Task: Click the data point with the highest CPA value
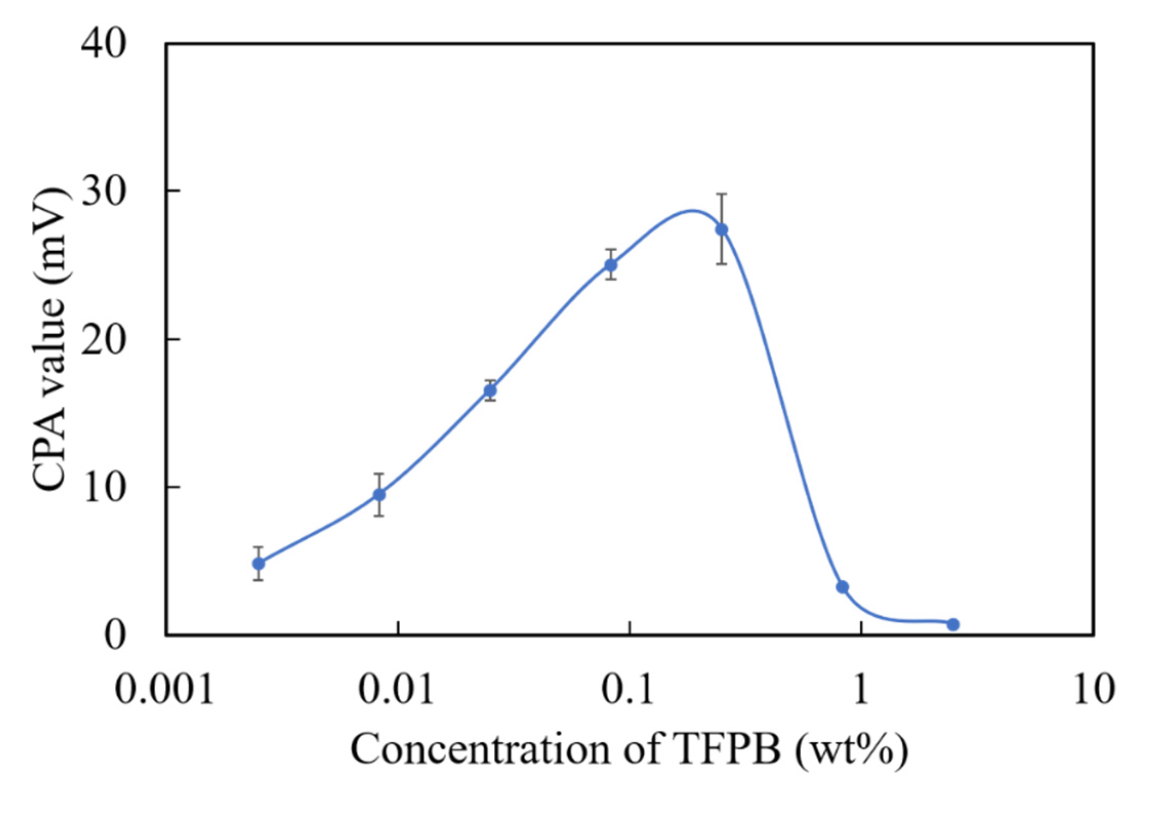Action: [721, 229]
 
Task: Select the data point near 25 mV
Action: [611, 265]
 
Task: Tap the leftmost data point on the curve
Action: [259, 563]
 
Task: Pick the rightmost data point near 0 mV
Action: [953, 624]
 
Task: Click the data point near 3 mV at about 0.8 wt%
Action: [842, 587]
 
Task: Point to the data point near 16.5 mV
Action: [490, 391]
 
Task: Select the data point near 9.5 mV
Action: [379, 495]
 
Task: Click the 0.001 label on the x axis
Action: [164, 689]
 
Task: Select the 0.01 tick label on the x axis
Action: [396, 689]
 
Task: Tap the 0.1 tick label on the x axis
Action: [628, 689]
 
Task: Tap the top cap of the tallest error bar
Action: [721, 194]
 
